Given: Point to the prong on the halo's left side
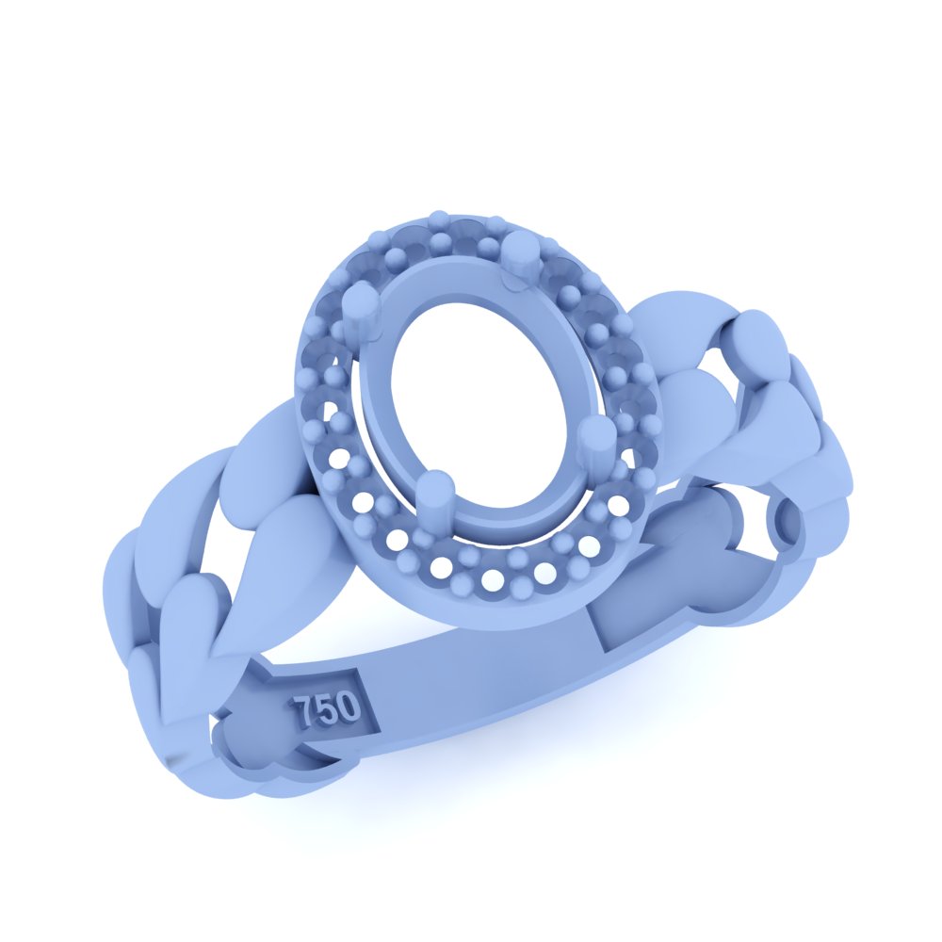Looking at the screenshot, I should tap(359, 307).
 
